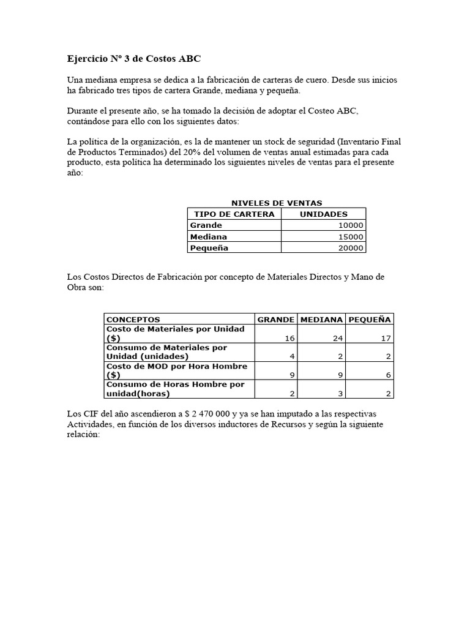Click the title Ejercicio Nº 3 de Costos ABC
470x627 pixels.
point(133,59)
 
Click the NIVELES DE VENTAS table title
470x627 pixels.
point(276,203)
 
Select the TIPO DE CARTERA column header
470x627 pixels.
point(234,214)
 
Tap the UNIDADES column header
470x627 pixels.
point(323,214)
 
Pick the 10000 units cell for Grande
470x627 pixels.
point(351,225)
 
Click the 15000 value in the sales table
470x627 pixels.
point(351,237)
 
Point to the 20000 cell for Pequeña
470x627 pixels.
point(351,248)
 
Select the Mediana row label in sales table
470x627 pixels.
point(209,237)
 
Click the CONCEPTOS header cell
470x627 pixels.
point(133,320)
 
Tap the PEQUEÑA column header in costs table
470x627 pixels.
point(370,320)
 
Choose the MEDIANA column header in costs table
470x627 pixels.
point(322,320)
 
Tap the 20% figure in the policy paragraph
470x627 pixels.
point(170,152)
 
